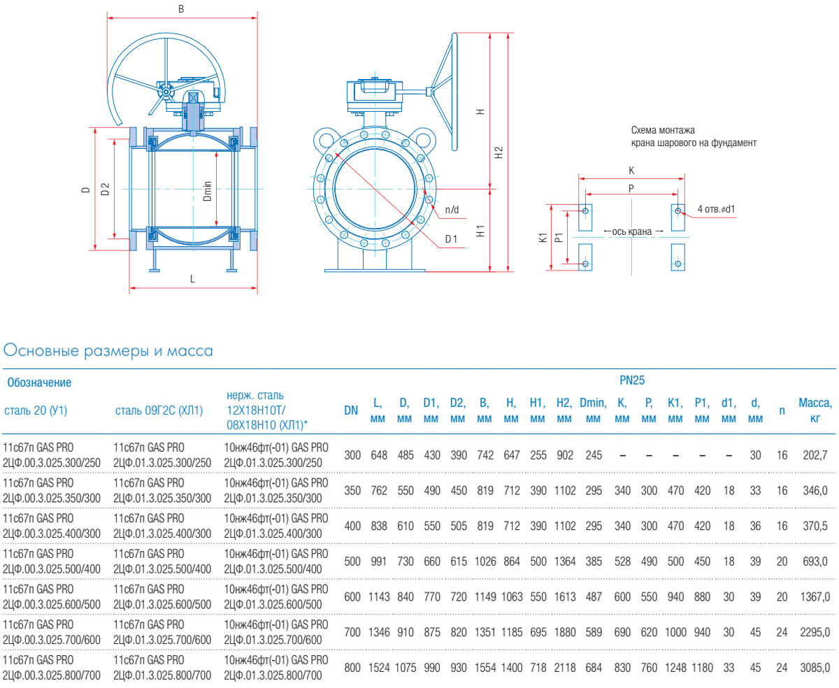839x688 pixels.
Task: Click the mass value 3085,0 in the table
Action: point(815,668)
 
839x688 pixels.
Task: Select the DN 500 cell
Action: point(352,561)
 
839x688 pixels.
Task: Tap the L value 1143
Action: point(379,597)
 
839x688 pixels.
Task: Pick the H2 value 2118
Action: point(565,668)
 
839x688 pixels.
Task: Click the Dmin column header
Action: point(594,410)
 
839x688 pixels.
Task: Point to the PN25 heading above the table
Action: point(631,380)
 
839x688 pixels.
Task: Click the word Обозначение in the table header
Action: point(39,382)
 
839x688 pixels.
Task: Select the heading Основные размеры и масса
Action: point(108,350)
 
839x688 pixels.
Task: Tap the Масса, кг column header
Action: point(815,410)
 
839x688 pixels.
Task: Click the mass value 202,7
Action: point(815,455)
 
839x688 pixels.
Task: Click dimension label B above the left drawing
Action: point(181,10)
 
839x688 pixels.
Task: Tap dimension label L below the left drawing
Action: point(192,278)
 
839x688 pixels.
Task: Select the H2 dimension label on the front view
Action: point(499,152)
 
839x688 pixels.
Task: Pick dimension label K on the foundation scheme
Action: point(631,170)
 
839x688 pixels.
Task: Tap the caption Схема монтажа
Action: point(663,130)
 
